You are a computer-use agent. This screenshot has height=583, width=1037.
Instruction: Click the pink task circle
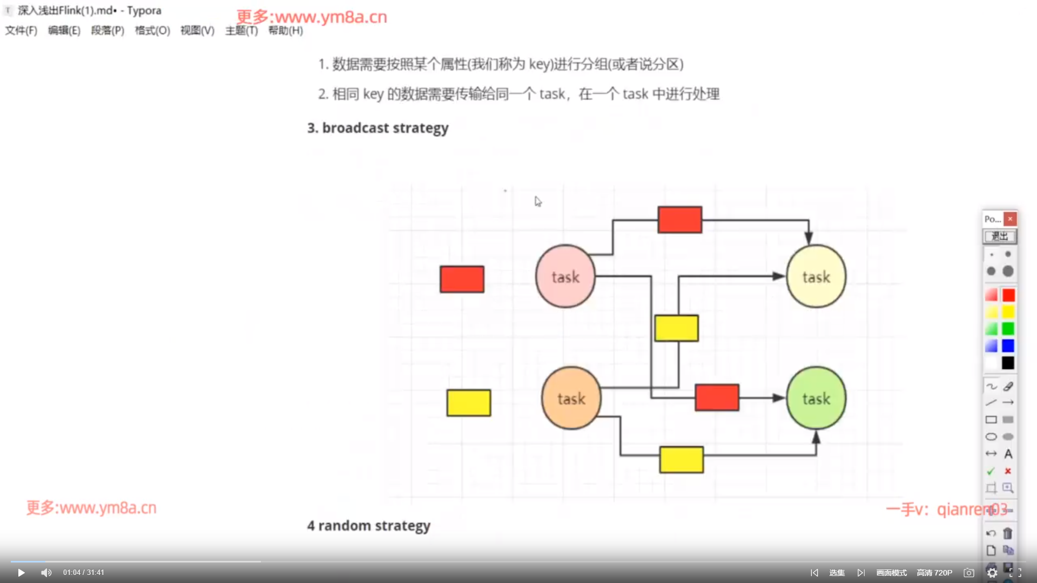click(x=565, y=276)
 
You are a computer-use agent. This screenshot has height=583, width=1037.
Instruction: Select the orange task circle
click(x=571, y=398)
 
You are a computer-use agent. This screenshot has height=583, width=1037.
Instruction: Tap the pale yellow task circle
click(x=816, y=276)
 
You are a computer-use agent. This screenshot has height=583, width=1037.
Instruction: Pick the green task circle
click(x=816, y=398)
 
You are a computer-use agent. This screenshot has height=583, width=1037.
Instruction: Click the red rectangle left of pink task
click(x=462, y=279)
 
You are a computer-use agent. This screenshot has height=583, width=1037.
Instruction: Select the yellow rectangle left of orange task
click(x=468, y=403)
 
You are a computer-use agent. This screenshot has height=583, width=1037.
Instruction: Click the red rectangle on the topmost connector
click(x=679, y=220)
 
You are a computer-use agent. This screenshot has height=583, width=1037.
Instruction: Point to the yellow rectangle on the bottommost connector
click(x=681, y=459)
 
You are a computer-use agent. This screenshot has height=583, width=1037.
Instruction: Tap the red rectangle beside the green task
click(x=717, y=397)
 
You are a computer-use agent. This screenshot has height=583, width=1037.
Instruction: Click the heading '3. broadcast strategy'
click(x=378, y=128)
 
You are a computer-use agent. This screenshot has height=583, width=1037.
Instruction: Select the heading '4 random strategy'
click(x=368, y=526)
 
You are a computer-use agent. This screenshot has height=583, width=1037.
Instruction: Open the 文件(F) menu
click(x=21, y=31)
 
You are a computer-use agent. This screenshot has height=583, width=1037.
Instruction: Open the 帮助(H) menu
click(x=285, y=31)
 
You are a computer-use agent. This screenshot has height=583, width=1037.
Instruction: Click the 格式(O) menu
click(x=152, y=31)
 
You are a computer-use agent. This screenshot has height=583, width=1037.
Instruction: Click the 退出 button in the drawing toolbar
click(x=999, y=236)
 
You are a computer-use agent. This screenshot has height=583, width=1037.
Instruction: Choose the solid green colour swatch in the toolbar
click(x=1008, y=329)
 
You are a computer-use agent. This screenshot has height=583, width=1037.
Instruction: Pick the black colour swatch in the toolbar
click(x=1008, y=363)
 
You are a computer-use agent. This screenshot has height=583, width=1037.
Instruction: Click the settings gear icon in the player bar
click(x=992, y=573)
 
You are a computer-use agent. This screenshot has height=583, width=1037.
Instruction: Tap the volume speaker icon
click(x=46, y=573)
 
